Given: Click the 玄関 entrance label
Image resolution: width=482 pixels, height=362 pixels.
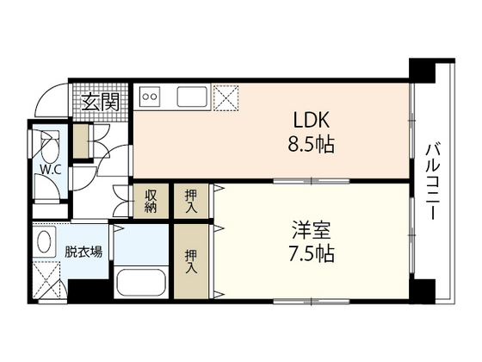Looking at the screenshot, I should coord(101,102).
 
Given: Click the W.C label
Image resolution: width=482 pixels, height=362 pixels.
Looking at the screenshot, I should coord(47,169).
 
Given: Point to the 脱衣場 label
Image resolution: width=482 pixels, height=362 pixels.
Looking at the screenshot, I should coord(84,252).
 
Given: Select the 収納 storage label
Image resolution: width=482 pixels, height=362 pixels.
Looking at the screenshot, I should coord(151,201).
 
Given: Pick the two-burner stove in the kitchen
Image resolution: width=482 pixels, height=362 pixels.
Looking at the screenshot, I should coord(151,96).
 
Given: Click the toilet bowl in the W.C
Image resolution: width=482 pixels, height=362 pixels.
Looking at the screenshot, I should coord(49,141).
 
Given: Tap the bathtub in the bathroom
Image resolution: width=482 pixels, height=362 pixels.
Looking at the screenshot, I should coord(141,283).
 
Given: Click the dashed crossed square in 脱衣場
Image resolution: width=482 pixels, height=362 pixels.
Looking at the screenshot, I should coord(47,279).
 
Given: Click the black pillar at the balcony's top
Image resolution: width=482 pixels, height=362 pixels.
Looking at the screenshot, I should coord(421,69).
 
